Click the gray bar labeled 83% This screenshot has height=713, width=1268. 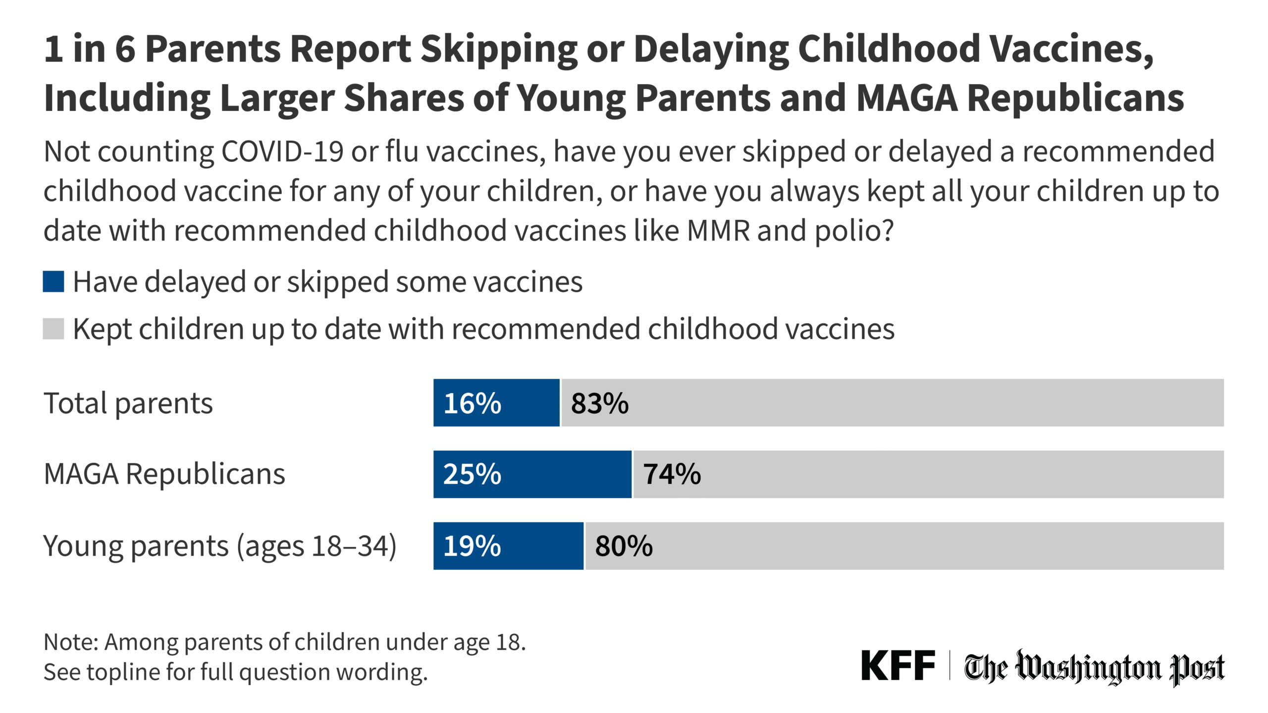(892, 403)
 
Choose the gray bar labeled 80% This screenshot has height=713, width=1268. (904, 546)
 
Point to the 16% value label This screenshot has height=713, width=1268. (472, 403)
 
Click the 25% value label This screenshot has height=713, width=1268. (472, 474)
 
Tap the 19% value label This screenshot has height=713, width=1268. (472, 546)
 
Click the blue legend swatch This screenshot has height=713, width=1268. (53, 282)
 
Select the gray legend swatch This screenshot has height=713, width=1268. (53, 329)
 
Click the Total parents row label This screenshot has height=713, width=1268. (128, 403)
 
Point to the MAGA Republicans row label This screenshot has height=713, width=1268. (164, 474)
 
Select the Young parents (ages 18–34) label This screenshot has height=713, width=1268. (220, 546)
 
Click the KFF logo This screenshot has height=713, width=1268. (898, 666)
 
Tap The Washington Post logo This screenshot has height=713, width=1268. (1094, 667)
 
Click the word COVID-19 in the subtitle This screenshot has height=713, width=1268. (282, 152)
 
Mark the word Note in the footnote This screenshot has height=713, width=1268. (71, 642)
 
